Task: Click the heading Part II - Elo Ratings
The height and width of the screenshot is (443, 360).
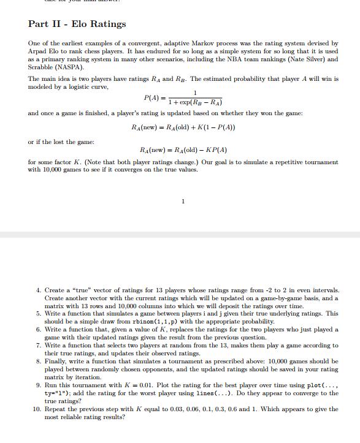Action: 77,24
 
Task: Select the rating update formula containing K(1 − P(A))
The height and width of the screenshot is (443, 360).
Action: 183,127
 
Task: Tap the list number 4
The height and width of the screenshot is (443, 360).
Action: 39,289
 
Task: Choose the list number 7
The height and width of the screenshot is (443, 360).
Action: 39,345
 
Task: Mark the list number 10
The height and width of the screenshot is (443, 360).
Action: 37,409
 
